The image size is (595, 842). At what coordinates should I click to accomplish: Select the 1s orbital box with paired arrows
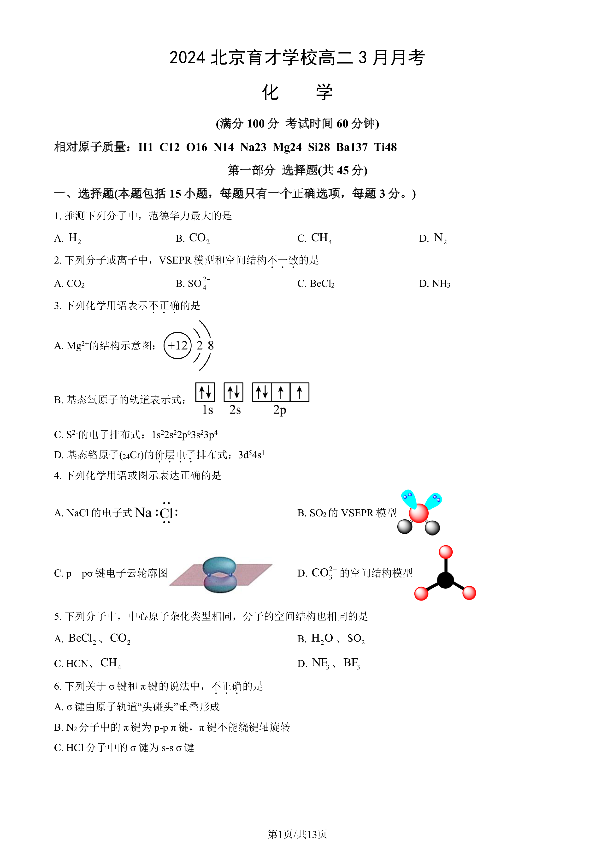205,392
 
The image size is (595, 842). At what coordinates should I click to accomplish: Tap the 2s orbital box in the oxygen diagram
233,392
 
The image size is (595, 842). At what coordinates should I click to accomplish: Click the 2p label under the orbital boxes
280,410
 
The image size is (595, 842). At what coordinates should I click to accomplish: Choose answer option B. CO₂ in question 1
193,238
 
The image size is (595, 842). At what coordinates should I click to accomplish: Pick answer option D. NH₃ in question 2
435,283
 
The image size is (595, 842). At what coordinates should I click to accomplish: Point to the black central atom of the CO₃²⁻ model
446,580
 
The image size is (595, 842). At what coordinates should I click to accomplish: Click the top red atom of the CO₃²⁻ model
446,552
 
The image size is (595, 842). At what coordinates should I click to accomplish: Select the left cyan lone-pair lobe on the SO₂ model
408,499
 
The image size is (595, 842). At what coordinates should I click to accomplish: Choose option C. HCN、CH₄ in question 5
88,663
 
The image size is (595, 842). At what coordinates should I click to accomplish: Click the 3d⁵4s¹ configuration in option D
251,455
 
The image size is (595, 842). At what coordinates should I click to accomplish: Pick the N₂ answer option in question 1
433,238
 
